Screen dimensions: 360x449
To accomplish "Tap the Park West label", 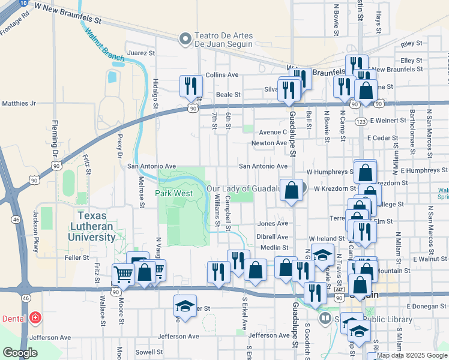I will tap(174, 193).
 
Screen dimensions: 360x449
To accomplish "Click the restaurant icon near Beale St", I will tap(191, 86).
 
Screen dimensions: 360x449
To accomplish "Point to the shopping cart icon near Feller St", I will tap(123, 274).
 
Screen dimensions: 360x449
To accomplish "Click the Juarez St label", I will tap(142, 53).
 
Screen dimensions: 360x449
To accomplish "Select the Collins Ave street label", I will tap(222, 75).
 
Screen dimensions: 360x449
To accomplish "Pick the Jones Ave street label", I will tap(273, 223).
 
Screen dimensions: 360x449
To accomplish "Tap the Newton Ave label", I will tap(270, 143).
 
